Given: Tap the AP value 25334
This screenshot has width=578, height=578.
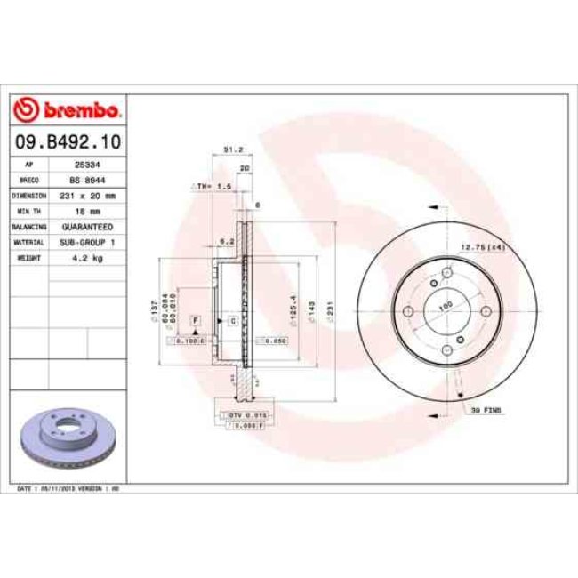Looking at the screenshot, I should (x=85, y=165).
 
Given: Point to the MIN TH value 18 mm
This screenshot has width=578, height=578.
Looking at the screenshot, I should (x=85, y=211).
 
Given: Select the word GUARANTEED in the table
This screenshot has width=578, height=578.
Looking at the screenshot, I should (x=85, y=227).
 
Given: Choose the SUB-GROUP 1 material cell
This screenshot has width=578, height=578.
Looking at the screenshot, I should (x=85, y=242).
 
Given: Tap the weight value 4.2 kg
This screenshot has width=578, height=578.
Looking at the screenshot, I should (x=85, y=257).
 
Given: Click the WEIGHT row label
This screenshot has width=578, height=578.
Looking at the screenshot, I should (x=29, y=257).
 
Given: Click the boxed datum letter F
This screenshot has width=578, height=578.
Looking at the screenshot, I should (x=195, y=319).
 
